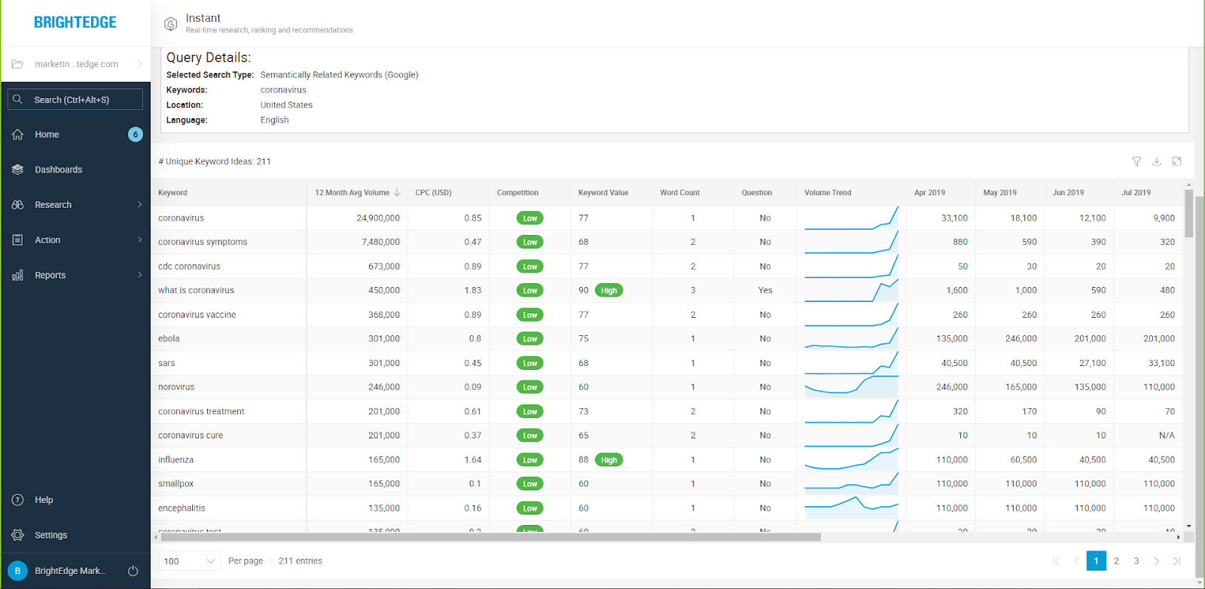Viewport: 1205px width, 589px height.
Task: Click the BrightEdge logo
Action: click(75, 23)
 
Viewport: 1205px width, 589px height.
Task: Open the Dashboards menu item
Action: click(58, 169)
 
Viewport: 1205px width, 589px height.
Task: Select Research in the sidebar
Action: click(53, 205)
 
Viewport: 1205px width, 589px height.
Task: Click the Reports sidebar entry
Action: click(50, 275)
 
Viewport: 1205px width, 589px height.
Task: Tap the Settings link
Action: click(50, 535)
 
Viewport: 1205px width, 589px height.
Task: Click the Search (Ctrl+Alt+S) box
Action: click(75, 99)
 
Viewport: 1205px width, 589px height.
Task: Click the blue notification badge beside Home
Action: click(136, 134)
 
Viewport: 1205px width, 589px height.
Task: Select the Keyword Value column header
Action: click(603, 193)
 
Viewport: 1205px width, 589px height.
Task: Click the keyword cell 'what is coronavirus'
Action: click(196, 290)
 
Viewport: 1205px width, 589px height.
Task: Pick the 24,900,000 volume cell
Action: click(378, 218)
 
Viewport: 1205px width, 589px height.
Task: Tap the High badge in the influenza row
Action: click(609, 459)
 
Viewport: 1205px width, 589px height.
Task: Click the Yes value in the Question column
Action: click(765, 290)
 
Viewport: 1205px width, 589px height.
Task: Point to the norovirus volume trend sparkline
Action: click(851, 387)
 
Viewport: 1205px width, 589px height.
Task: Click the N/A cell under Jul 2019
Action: click(1167, 435)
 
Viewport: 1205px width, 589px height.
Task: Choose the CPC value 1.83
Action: click(473, 290)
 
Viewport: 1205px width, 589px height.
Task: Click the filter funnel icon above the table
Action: click(1136, 161)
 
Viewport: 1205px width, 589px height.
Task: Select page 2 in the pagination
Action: click(1116, 561)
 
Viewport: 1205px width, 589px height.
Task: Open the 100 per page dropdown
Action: click(189, 561)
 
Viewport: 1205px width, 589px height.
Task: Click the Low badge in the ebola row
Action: click(530, 339)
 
